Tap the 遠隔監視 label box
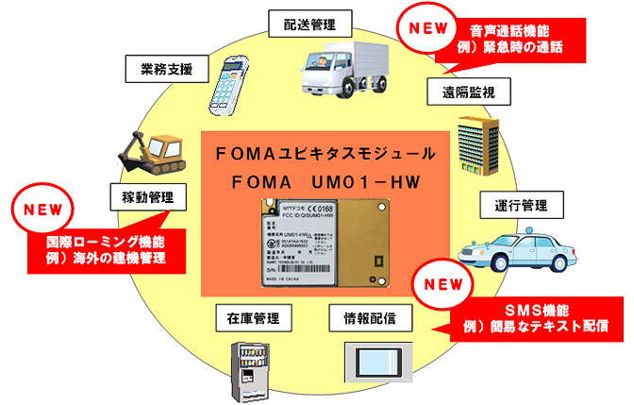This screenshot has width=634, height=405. [461, 92]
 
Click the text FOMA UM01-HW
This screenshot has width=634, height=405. [321, 179]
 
